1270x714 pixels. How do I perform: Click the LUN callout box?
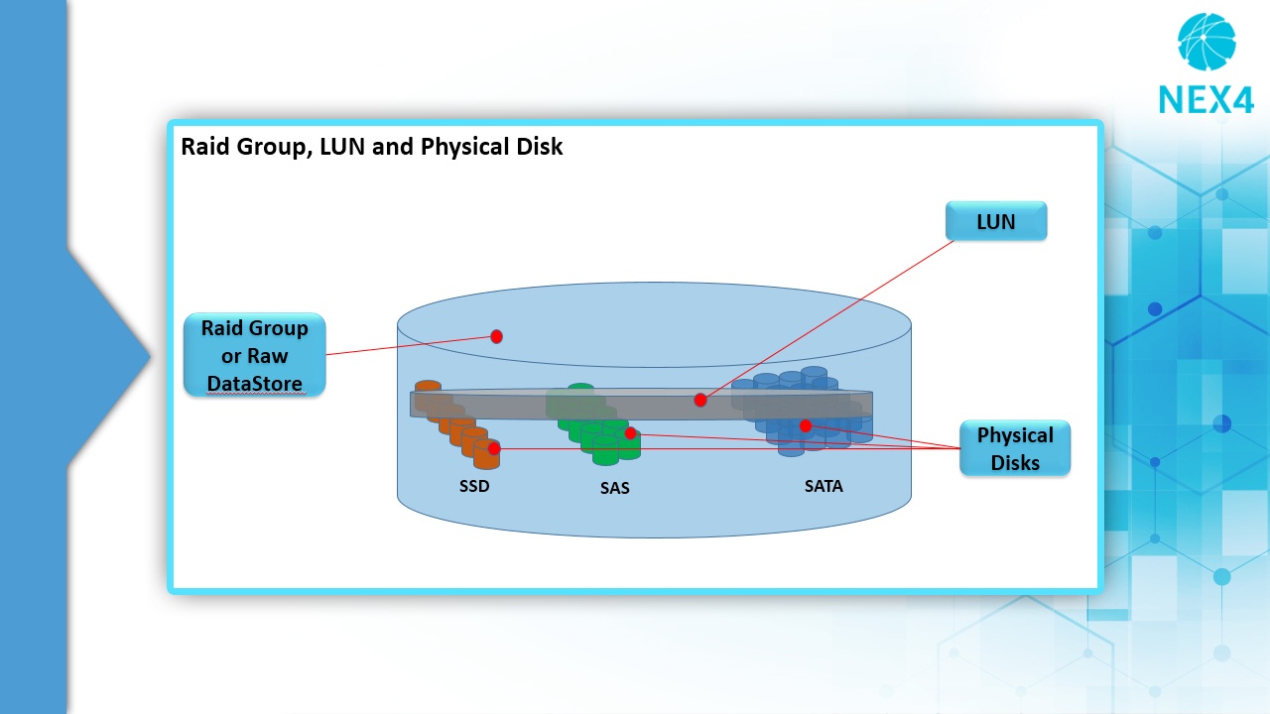pyautogui.click(x=996, y=221)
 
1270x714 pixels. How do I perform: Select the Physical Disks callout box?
pyautogui.click(x=1015, y=448)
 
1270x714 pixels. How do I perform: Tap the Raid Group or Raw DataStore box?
pyautogui.click(x=255, y=355)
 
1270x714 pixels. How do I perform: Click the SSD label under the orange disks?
pyautogui.click(x=474, y=486)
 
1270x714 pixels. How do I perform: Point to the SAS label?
pyautogui.click(x=614, y=488)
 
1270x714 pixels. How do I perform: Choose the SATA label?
pyautogui.click(x=824, y=486)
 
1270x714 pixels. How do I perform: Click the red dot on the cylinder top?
pyautogui.click(x=497, y=336)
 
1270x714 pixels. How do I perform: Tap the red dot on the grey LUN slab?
pyautogui.click(x=700, y=400)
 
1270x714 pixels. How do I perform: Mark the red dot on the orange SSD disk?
pyautogui.click(x=494, y=449)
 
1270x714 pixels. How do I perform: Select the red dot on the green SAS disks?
pyautogui.click(x=630, y=433)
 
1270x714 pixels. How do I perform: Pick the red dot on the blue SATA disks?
pyautogui.click(x=805, y=425)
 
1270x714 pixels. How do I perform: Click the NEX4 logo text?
pyautogui.click(x=1206, y=100)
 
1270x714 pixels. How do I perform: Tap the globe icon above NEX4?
pyautogui.click(x=1206, y=42)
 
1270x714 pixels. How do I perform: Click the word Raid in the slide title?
pyautogui.click(x=205, y=146)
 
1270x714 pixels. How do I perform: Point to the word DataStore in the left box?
pyautogui.click(x=255, y=383)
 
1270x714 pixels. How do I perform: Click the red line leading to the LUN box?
pyautogui.click(x=827, y=320)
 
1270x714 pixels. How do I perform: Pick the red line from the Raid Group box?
pyautogui.click(x=411, y=346)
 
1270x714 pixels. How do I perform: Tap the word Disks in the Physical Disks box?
pyautogui.click(x=1015, y=462)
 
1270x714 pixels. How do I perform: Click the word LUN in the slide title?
pyautogui.click(x=342, y=146)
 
